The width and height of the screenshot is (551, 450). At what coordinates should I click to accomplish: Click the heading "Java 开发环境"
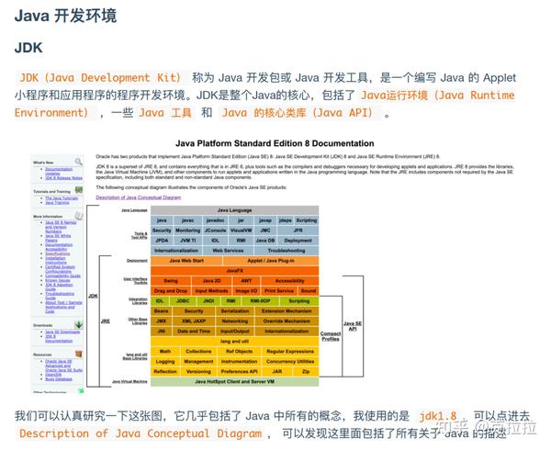[x=63, y=15]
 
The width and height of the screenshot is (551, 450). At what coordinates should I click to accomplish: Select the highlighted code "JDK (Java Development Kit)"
[x=100, y=78]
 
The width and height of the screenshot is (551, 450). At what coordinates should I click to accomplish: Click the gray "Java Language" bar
[x=234, y=210]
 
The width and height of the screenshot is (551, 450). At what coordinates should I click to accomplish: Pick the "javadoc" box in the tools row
[x=215, y=220]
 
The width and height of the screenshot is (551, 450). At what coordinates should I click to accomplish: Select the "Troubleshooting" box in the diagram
[x=287, y=250]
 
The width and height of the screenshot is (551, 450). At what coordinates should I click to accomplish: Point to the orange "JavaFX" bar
[x=234, y=271]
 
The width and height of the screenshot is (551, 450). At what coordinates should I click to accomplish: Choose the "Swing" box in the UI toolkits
[x=171, y=281]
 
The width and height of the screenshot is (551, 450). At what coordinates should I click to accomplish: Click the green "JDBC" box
[x=184, y=301]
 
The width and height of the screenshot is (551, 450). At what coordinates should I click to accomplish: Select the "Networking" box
[x=235, y=321]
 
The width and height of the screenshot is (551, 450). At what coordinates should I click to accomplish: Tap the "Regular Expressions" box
[x=290, y=351]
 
